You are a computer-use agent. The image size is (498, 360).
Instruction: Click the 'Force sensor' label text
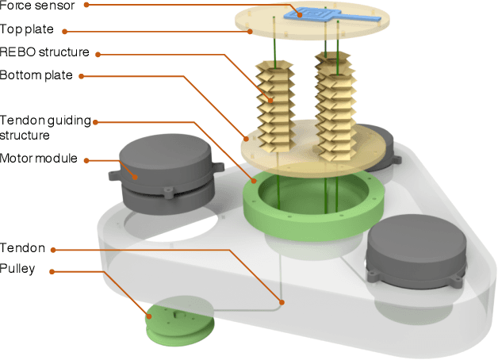click(39, 6)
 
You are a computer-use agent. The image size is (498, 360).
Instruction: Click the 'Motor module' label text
click(39, 159)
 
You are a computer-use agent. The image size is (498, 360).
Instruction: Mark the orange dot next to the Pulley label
click(53, 271)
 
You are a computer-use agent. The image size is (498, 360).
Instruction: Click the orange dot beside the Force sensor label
click(86, 6)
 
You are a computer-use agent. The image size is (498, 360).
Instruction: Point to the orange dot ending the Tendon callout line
click(281, 301)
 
